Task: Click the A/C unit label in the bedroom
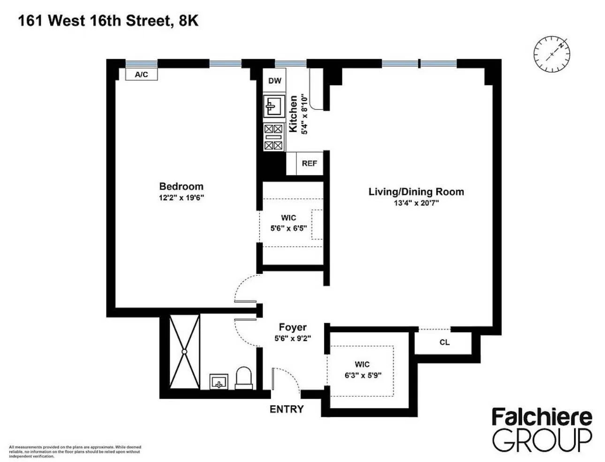pyautogui.click(x=141, y=75)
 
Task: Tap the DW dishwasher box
pyautogui.click(x=275, y=81)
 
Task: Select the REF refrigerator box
pyautogui.click(x=310, y=163)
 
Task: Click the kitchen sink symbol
pyautogui.click(x=274, y=106)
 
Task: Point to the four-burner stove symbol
pyautogui.click(x=274, y=137)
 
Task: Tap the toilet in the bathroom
pyautogui.click(x=243, y=378)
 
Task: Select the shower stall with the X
pyautogui.click(x=184, y=351)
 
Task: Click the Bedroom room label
pyautogui.click(x=181, y=186)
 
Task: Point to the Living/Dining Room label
pyautogui.click(x=416, y=191)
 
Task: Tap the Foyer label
pyautogui.click(x=293, y=327)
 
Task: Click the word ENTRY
pyautogui.click(x=287, y=409)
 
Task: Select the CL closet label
pyautogui.click(x=445, y=342)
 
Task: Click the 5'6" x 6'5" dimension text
pyautogui.click(x=288, y=228)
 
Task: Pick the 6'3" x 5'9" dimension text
pyautogui.click(x=362, y=375)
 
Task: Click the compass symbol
pyautogui.click(x=552, y=54)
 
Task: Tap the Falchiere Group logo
pyautogui.click(x=542, y=429)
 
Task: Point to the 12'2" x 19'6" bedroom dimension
pyautogui.click(x=181, y=197)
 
